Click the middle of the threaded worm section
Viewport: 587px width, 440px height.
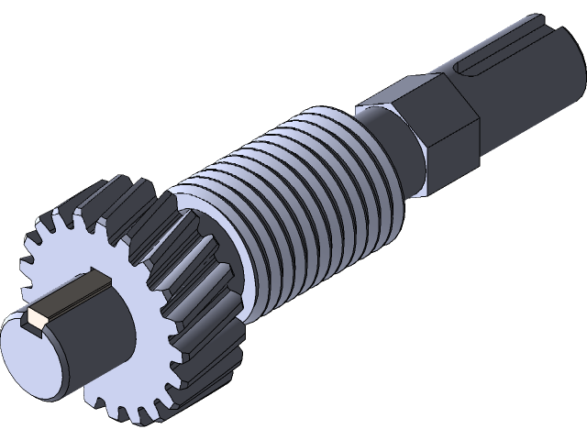pos(293,183)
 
